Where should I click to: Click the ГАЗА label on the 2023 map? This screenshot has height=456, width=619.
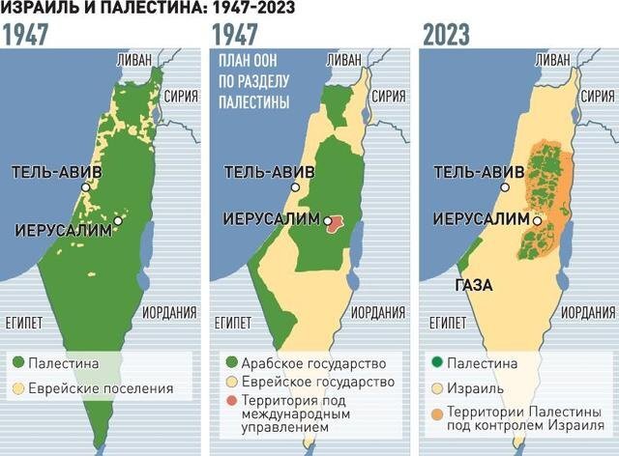coord(471,286)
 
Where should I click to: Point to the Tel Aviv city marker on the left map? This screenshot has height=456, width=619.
coord(86,187)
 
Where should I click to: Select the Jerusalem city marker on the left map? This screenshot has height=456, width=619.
coord(118,221)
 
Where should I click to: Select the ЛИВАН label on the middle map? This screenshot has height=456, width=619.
coord(345,59)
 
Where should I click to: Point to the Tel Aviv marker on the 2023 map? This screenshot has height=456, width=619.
coord(504,187)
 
